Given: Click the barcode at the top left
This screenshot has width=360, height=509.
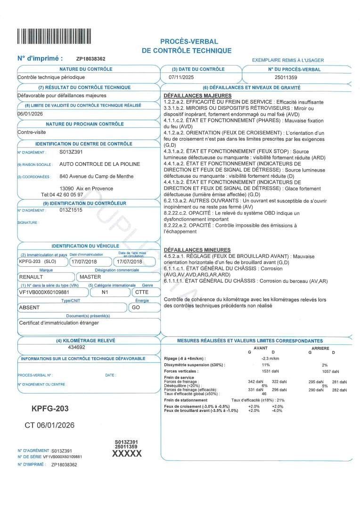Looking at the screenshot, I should point(54,36).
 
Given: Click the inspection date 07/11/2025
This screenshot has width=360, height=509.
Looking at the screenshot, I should point(181,77).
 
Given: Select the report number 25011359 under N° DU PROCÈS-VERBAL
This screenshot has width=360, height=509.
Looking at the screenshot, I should point(286,77).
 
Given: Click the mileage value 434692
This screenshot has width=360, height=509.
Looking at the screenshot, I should point(77,347).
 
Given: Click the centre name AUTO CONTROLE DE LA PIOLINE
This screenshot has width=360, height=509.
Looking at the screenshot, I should point(99,164).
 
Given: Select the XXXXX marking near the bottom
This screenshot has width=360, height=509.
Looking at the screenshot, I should point(126,453).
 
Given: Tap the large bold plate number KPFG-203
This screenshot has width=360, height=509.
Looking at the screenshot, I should point(50,408).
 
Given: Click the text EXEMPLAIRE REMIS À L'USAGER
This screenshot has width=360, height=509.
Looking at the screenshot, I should point(288,60).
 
